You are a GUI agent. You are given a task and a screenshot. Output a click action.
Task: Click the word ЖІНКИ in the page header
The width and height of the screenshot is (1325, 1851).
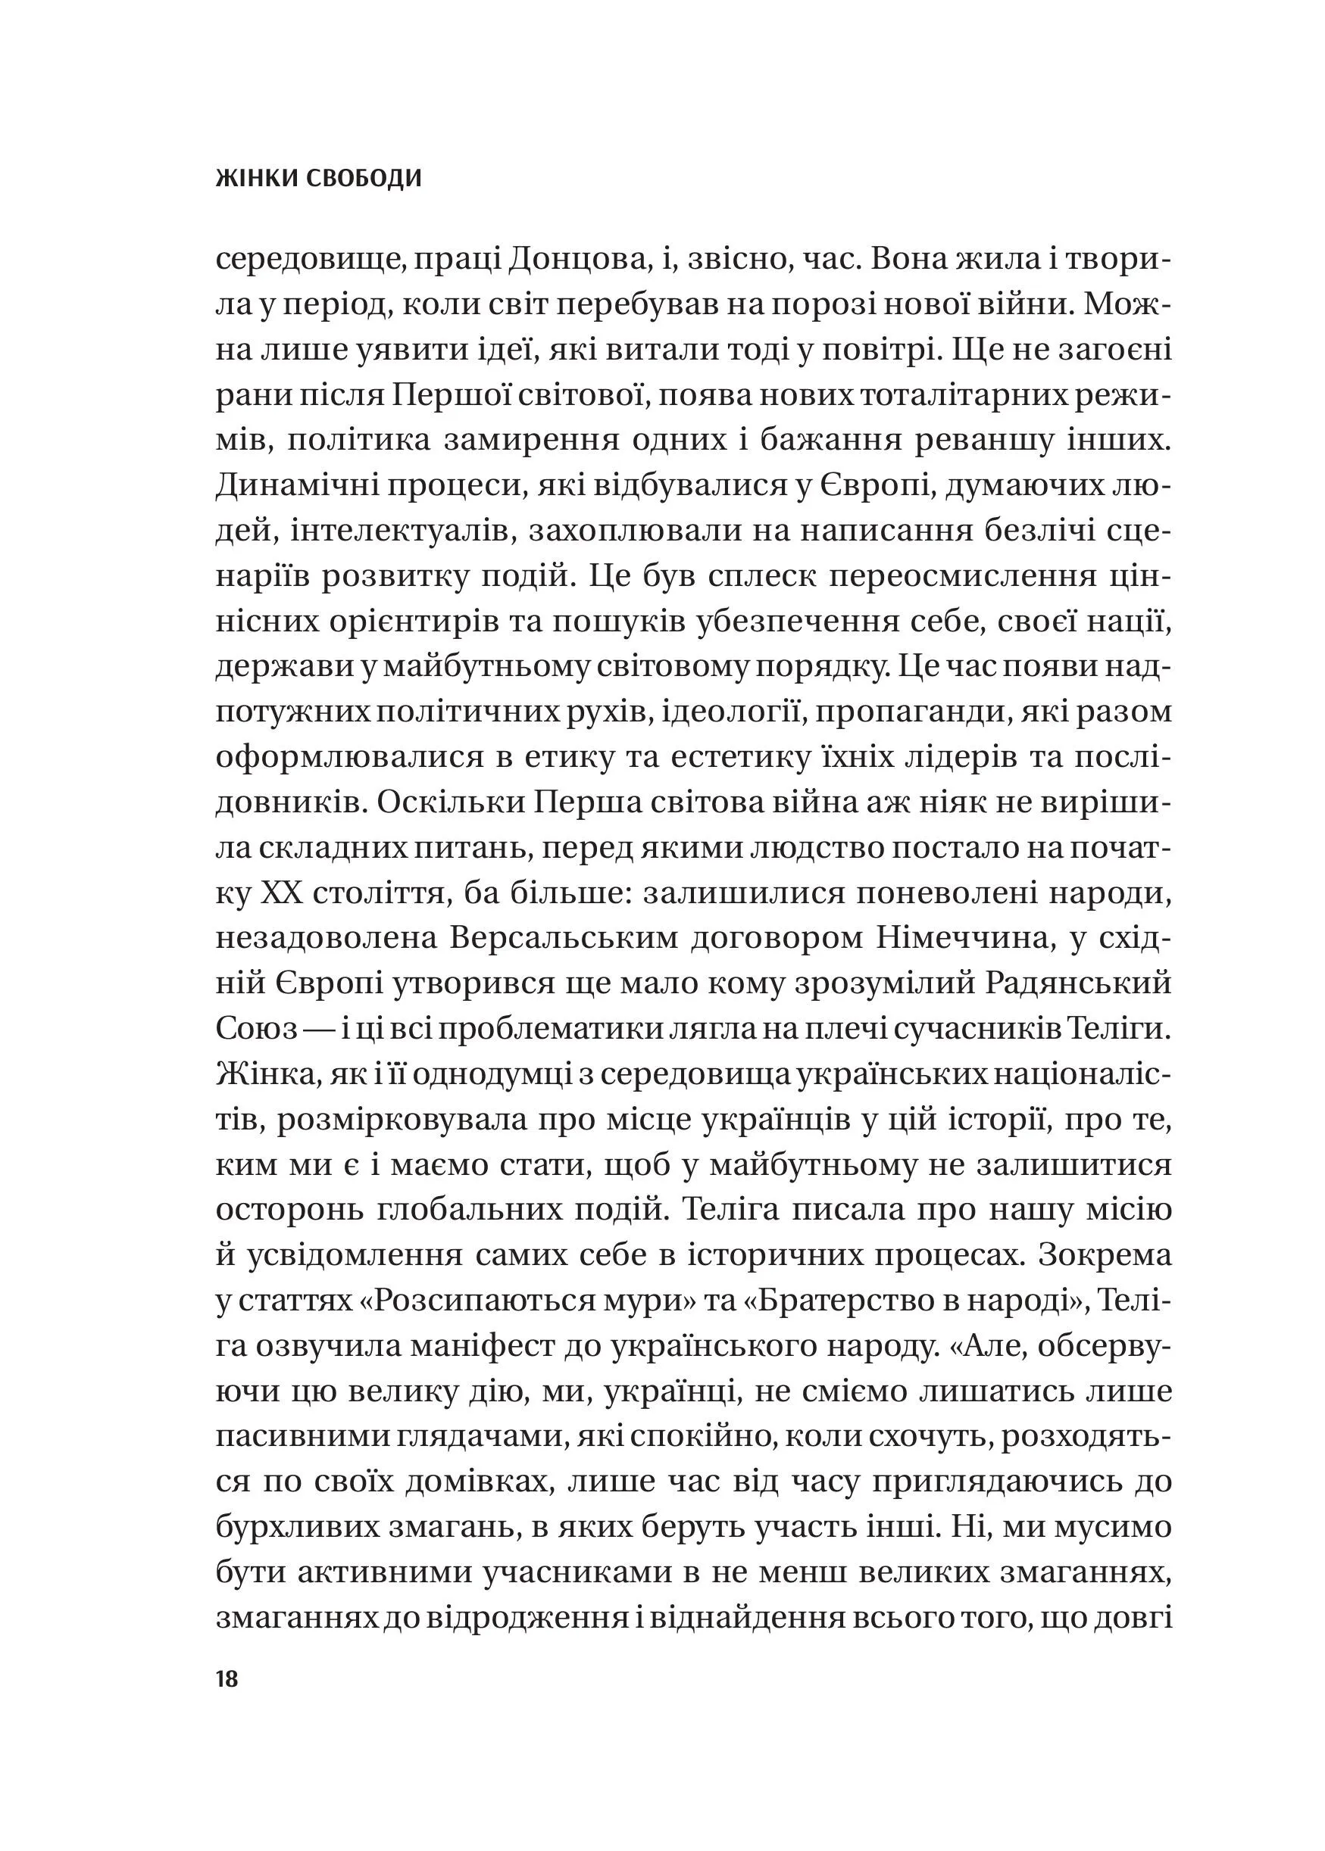(256, 179)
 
